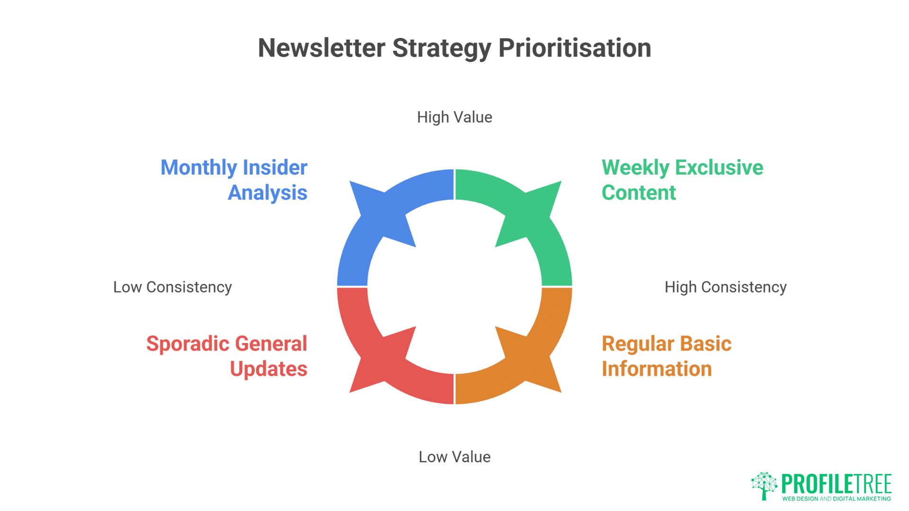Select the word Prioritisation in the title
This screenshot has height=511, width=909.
tap(575, 49)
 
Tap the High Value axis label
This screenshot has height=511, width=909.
tap(454, 117)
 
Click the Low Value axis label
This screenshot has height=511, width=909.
tap(454, 457)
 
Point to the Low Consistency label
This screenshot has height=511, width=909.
tap(172, 287)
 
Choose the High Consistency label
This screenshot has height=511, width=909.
tap(725, 287)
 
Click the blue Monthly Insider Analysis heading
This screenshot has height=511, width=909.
tap(234, 180)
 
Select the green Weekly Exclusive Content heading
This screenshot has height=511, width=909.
tap(682, 180)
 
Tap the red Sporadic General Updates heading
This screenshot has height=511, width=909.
tap(227, 356)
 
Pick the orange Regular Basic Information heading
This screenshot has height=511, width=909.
tap(667, 356)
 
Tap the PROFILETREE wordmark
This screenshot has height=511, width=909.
tap(837, 484)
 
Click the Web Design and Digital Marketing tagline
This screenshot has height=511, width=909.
tap(837, 499)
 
